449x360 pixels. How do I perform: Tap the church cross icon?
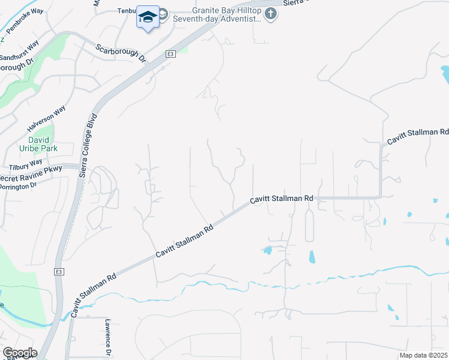[x=271, y=14]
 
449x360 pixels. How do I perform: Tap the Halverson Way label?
[x=46, y=119]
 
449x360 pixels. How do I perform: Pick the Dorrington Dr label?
[x=18, y=187]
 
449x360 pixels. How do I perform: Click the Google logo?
[x=19, y=353]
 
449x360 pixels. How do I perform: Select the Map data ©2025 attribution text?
[x=423, y=355]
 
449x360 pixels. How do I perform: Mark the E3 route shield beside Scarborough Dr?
[x=171, y=54]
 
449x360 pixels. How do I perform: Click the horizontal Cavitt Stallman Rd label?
[x=282, y=198]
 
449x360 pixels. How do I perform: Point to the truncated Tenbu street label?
[x=127, y=11]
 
